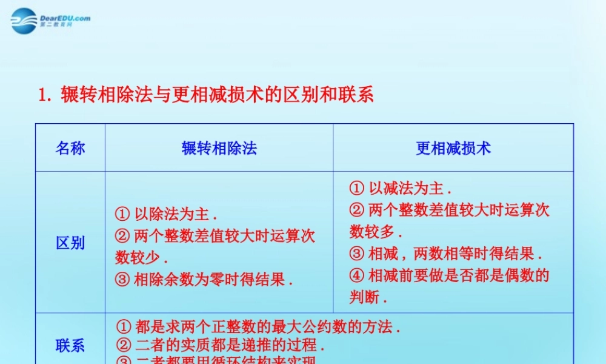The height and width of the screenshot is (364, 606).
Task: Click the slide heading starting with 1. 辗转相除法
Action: pyautogui.click(x=206, y=95)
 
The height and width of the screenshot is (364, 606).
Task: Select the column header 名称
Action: pyautogui.click(x=70, y=148)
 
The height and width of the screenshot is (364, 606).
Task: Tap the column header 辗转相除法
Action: pyautogui.click(x=219, y=148)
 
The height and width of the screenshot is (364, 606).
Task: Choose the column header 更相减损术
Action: pyautogui.click(x=453, y=148)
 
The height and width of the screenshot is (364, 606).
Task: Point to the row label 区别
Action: pyautogui.click(x=70, y=243)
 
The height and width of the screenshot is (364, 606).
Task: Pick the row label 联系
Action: pyautogui.click(x=70, y=346)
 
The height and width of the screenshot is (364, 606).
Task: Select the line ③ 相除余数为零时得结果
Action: pyautogui.click(x=204, y=280)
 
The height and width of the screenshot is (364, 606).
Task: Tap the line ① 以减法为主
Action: pyautogui.click(x=401, y=188)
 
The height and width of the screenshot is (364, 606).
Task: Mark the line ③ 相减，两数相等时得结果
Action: pyautogui.click(x=446, y=254)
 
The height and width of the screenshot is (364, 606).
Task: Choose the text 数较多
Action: pyautogui.click(x=373, y=232)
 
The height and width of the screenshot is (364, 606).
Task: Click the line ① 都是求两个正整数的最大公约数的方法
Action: pyautogui.click(x=258, y=328)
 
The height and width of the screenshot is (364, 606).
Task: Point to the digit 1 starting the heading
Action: pyautogui.click(x=42, y=95)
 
